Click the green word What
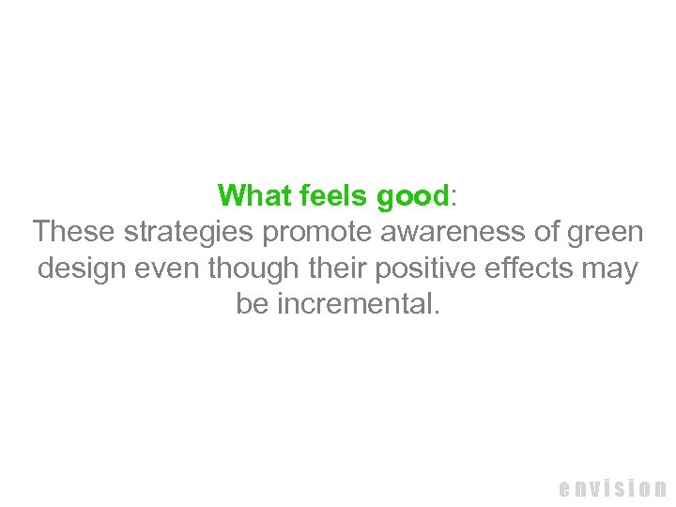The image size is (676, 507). (255, 195)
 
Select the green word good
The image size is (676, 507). (412, 196)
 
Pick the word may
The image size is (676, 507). (611, 270)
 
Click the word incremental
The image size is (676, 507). (355, 305)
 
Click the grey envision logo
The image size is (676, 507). (612, 487)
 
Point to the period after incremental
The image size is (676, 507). (435, 313)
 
